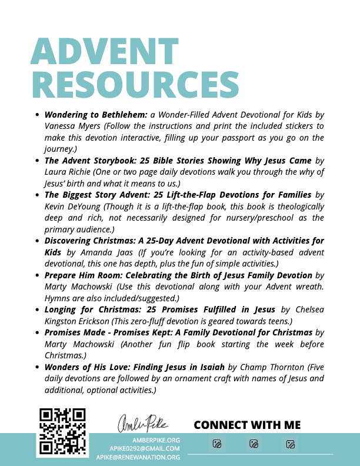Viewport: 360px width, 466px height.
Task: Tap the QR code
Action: pos(63,432)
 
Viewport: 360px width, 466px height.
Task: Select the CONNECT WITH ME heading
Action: pos(247,425)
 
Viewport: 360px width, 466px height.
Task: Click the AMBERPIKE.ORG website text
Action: pos(156,440)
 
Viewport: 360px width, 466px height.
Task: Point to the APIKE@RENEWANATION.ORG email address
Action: pos(138,457)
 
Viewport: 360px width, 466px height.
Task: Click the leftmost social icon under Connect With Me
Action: pos(217,444)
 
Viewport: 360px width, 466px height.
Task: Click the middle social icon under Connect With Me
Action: pos(254,444)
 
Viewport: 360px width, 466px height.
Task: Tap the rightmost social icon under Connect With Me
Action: pos(290,444)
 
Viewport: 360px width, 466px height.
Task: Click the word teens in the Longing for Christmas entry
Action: pos(276,321)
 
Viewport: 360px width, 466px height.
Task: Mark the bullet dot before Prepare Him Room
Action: pos(38,275)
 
